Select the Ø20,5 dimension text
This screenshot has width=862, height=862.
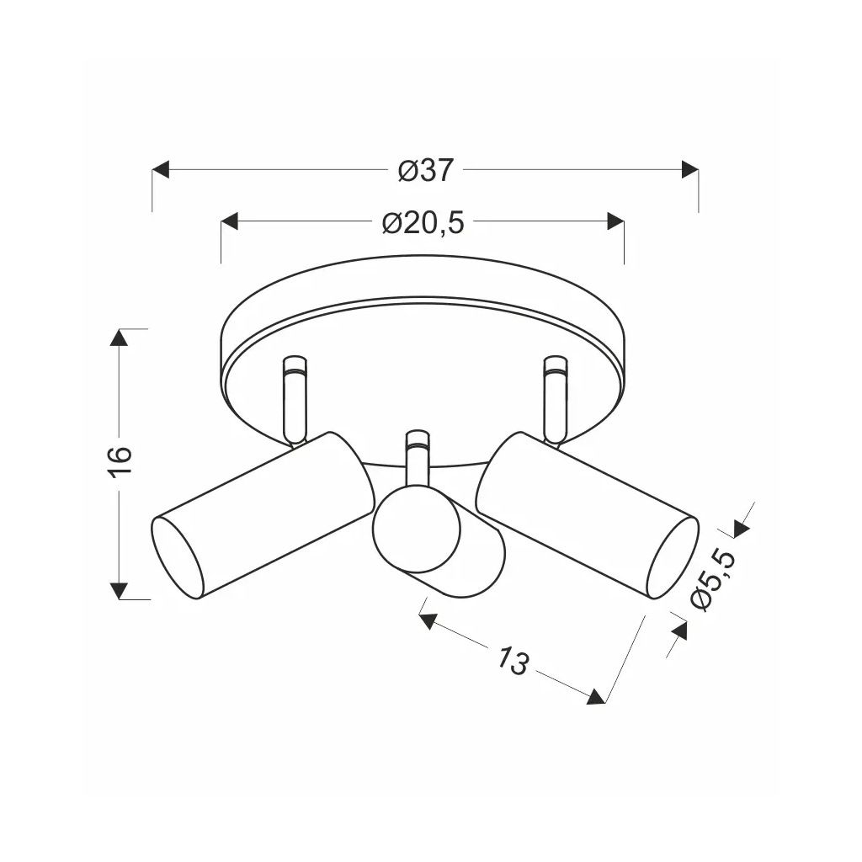point(423,223)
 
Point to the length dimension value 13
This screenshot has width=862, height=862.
point(511,662)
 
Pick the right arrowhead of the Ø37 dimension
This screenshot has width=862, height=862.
point(689,170)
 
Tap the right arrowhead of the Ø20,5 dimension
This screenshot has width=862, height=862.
point(615,222)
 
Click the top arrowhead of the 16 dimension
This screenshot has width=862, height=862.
point(120,338)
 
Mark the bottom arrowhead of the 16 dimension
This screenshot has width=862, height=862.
point(120,589)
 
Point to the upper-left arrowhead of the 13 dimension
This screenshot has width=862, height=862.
point(428,622)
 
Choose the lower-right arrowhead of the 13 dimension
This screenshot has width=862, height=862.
point(596,696)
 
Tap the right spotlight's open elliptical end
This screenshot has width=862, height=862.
point(673,558)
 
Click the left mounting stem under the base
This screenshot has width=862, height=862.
point(294,399)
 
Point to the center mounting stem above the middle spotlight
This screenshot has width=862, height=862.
point(417,459)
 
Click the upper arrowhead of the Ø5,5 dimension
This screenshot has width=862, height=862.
point(741,528)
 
